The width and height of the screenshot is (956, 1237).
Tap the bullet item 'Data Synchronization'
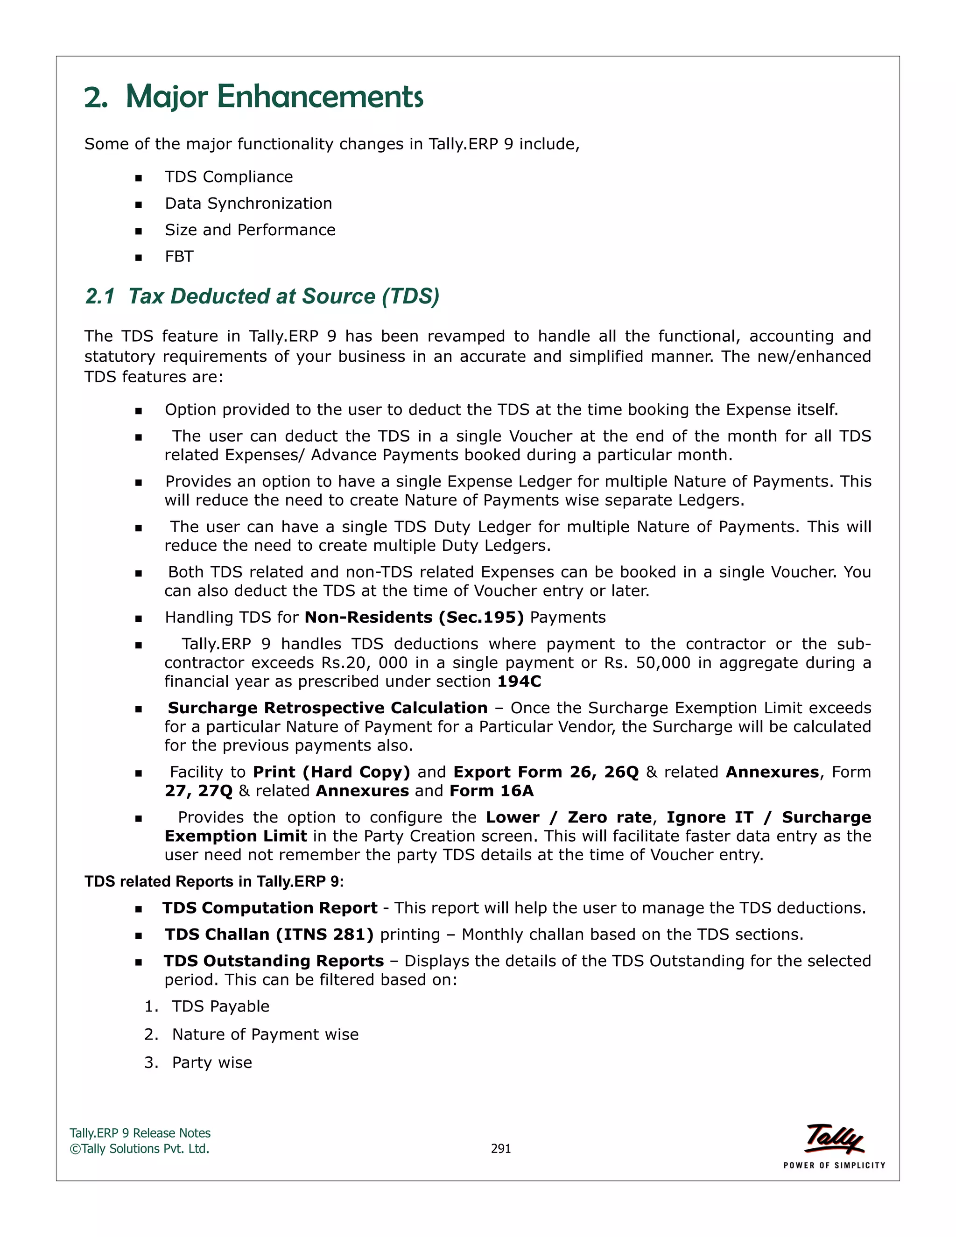248,204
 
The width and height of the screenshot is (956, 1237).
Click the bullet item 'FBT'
179,257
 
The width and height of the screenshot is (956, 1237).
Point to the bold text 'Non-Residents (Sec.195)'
414,618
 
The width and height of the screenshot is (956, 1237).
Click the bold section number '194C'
519,682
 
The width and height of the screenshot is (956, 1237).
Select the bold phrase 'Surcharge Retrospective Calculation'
327,708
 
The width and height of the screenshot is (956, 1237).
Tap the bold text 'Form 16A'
492,791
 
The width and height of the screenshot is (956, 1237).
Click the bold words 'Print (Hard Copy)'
331,772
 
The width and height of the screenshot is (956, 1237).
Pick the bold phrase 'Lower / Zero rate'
568,817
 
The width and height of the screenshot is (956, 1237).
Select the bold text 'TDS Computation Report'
270,908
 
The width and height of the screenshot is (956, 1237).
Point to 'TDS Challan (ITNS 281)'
269,935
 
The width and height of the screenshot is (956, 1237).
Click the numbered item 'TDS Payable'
220,1006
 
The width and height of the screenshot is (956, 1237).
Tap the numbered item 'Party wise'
212,1062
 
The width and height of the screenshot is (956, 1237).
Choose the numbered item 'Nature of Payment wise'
265,1035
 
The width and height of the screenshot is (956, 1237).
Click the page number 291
501,1149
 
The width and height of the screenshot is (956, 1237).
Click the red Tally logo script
834,1139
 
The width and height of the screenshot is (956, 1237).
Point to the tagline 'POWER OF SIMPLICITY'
834,1166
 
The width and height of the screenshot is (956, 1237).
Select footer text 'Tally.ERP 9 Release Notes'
140,1133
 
